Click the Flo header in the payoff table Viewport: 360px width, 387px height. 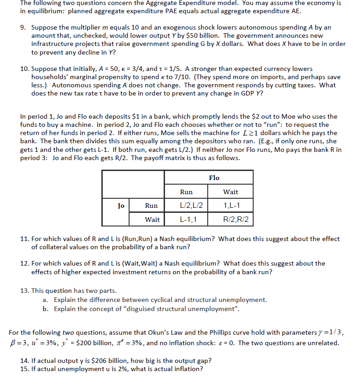click(214, 178)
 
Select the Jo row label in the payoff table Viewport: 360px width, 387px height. click(120, 206)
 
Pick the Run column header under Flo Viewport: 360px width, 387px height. click(186, 192)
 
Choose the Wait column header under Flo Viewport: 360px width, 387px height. click(230, 192)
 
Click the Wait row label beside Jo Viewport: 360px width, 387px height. click(152, 220)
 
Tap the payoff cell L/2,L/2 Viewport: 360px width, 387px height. click(186, 206)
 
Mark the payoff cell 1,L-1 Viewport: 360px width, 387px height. click(230, 206)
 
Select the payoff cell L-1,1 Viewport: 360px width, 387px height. click(186, 220)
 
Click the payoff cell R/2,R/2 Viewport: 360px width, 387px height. click(230, 220)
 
